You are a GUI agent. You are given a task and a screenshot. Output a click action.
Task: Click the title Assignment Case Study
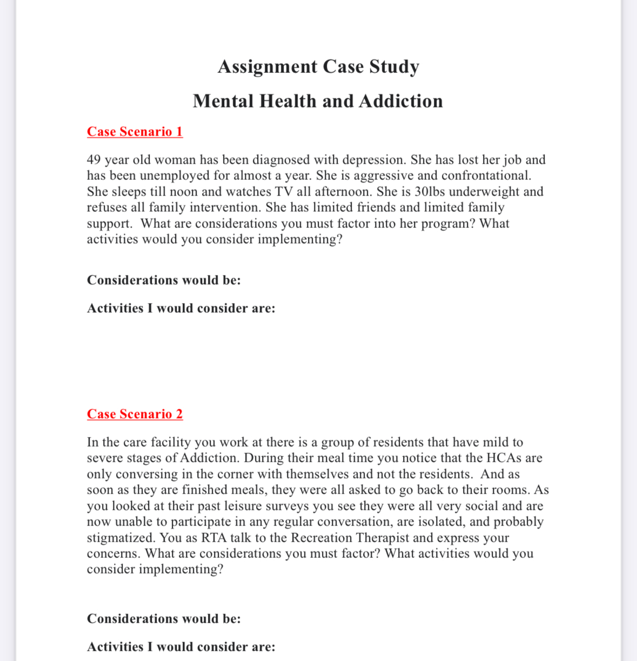click(318, 66)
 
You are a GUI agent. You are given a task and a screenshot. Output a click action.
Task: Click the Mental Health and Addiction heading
click(318, 101)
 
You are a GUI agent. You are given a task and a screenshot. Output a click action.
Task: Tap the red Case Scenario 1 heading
click(135, 132)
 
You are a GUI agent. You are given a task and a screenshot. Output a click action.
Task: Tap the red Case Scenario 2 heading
click(135, 414)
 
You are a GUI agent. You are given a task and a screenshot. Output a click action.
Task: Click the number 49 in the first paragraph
click(93, 160)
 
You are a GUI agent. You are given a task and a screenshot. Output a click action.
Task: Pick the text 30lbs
click(430, 192)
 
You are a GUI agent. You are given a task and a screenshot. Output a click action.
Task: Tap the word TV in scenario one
click(284, 192)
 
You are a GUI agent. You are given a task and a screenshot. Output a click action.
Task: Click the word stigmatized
click(121, 538)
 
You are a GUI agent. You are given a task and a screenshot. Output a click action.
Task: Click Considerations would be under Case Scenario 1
click(163, 280)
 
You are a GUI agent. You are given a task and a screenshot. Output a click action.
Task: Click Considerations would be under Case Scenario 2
click(163, 619)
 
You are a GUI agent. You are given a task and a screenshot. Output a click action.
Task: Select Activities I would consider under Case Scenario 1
click(180, 308)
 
